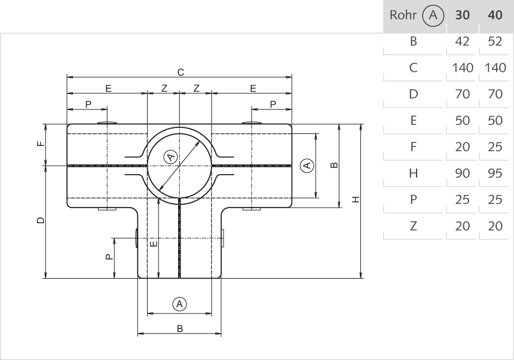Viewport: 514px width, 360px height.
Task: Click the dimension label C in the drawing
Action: [x=180, y=72]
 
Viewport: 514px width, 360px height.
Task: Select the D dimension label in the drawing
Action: [x=40, y=221]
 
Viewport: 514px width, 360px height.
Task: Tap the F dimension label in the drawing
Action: [x=40, y=144]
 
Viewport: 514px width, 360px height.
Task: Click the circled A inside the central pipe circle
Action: [x=170, y=157]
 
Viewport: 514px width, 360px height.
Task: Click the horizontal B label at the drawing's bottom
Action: [x=179, y=328]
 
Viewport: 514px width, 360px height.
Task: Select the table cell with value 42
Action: [x=462, y=42]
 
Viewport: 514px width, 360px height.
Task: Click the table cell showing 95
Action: [x=495, y=173]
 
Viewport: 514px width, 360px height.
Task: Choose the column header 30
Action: [x=462, y=16]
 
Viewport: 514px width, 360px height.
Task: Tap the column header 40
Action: [x=495, y=16]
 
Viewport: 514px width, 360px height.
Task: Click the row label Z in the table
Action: [x=413, y=226]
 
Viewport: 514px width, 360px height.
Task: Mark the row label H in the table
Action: [x=413, y=173]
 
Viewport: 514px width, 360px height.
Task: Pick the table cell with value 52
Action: [x=495, y=42]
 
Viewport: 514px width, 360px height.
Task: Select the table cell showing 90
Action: [x=462, y=173]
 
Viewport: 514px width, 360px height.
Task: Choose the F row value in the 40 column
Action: [x=495, y=147]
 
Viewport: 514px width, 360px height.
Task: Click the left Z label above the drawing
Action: [x=164, y=88]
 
